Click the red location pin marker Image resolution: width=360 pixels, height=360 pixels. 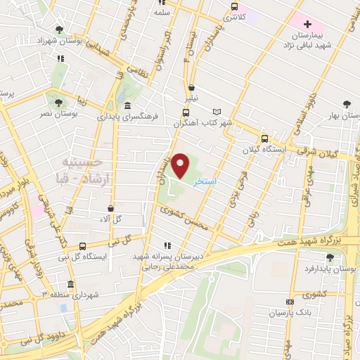[181, 165]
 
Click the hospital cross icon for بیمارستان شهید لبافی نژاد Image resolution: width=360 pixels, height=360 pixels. [307, 24]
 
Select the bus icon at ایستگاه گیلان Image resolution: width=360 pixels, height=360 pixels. [264, 139]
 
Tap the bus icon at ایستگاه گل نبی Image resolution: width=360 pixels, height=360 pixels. [82, 246]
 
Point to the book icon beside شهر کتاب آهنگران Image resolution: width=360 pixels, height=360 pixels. [217, 111]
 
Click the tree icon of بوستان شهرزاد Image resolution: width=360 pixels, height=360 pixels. [58, 30]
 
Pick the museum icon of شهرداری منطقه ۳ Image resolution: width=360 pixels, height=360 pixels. [70, 284]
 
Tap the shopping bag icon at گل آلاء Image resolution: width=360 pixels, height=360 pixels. [111, 208]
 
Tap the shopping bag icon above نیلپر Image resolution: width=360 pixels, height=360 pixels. [191, 88]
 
